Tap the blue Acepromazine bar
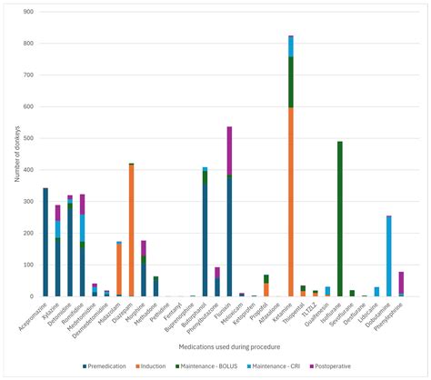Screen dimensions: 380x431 (45, 242)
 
